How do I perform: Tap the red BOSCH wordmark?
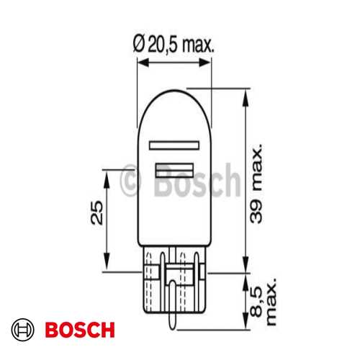(79, 330)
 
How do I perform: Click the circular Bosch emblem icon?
(24, 330)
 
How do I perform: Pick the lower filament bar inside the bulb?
(176, 170)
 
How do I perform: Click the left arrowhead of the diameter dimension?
(142, 63)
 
